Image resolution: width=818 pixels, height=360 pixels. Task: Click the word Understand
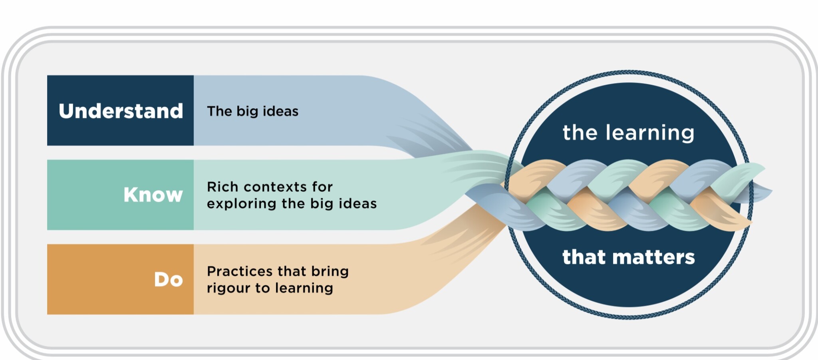(121, 111)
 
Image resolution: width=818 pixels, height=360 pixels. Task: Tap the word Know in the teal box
(153, 195)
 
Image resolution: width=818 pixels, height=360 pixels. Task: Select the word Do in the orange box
(169, 279)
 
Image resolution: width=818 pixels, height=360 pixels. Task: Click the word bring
(330, 272)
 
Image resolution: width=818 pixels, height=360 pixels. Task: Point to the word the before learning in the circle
(581, 133)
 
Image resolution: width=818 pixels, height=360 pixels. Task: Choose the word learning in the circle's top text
(650, 133)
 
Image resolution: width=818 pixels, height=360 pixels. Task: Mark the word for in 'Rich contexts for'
(322, 187)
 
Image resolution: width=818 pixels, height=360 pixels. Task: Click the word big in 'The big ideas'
(247, 111)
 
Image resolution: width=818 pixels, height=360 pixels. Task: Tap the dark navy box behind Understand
(120, 110)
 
